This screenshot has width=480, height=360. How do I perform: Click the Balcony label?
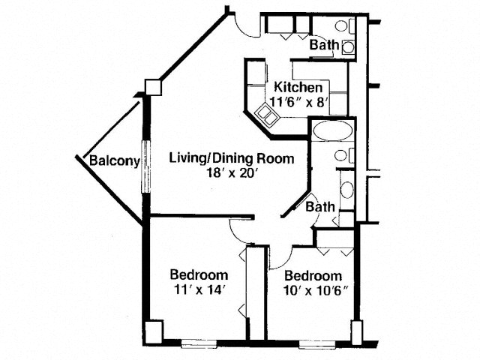[x=115, y=160]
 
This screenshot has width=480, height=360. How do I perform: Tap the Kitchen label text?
[x=298, y=87]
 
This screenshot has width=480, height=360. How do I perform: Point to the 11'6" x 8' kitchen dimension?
[x=298, y=102]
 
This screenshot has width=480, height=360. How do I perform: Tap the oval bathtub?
[x=333, y=130]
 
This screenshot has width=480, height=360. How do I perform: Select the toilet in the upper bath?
[x=345, y=25]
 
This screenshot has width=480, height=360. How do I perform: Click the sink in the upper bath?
[x=348, y=47]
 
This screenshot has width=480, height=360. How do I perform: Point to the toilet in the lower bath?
[x=344, y=155]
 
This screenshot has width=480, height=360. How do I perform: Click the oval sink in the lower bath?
[x=346, y=190]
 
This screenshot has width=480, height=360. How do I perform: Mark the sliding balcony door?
[x=146, y=166]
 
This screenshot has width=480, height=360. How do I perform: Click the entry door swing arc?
[x=245, y=29]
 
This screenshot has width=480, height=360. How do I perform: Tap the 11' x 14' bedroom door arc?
[x=237, y=234]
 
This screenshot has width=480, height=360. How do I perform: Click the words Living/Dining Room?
[x=232, y=159]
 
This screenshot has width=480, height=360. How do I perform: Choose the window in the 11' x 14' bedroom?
[x=199, y=344]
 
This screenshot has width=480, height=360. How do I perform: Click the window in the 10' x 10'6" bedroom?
[x=315, y=344]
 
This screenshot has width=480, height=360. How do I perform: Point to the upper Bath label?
[x=325, y=45]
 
